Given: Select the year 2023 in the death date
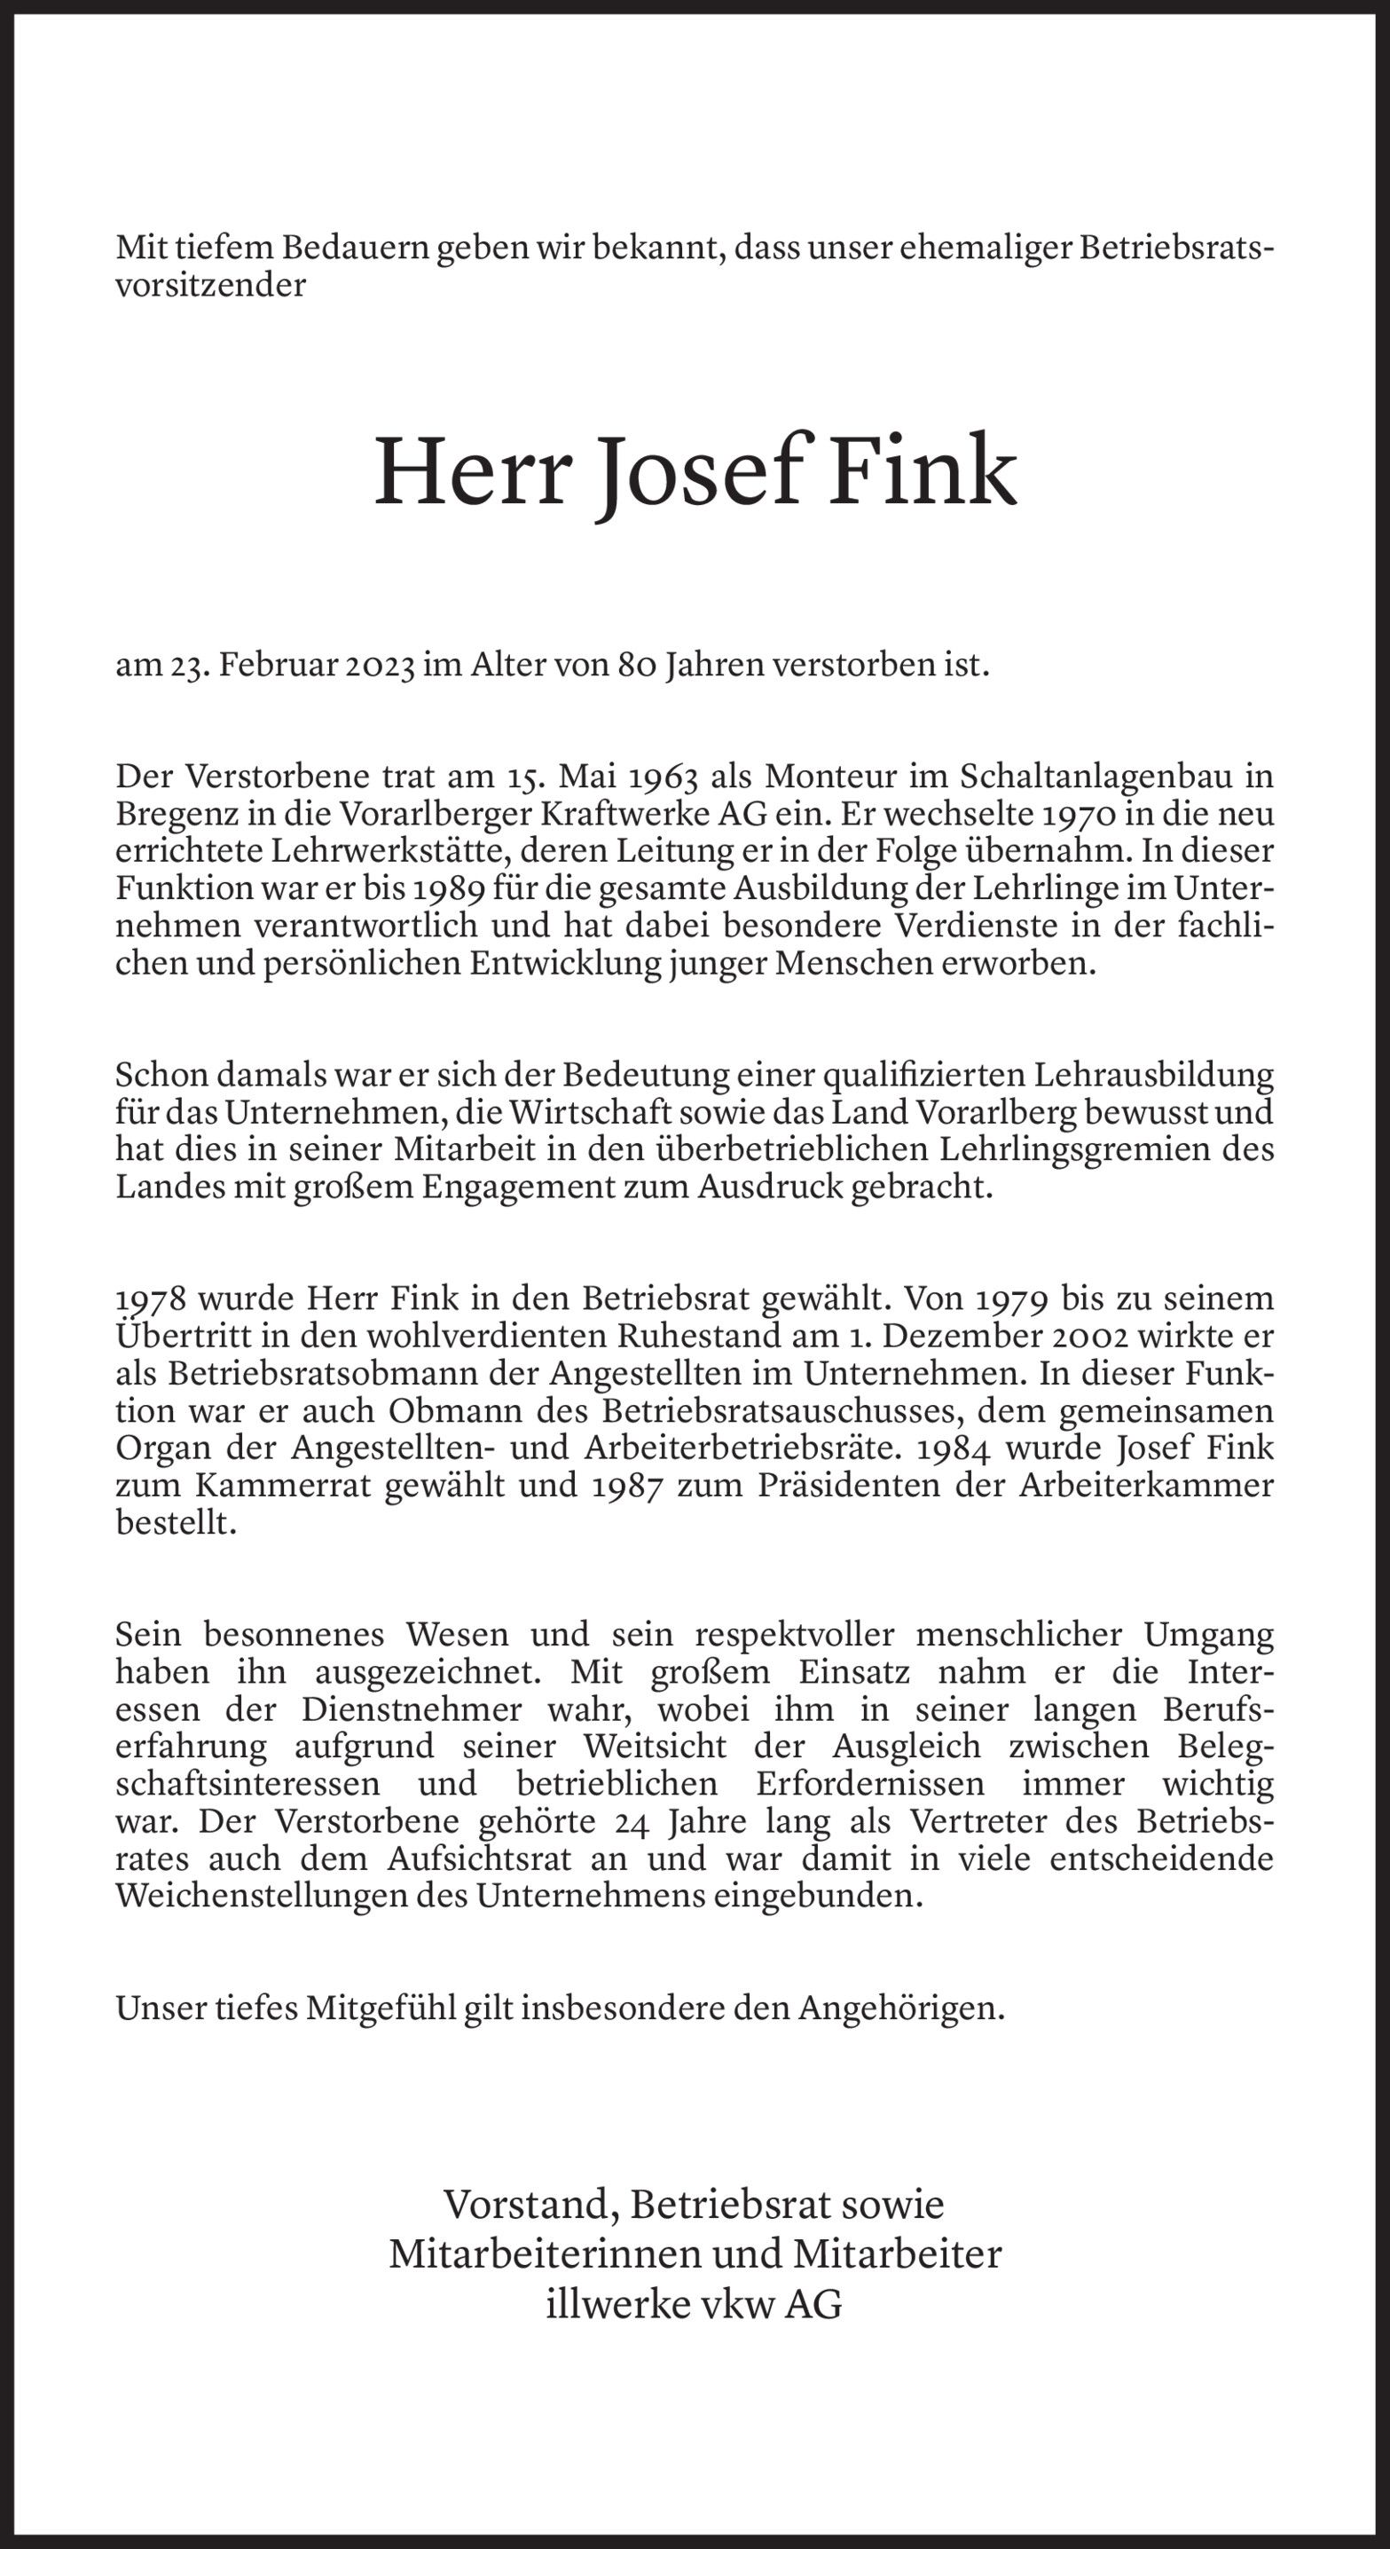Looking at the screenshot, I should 380,664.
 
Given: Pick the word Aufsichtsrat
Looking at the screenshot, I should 479,1859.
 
